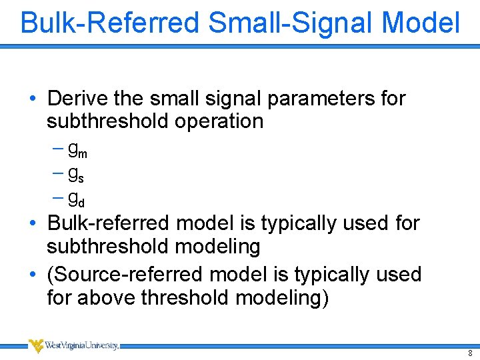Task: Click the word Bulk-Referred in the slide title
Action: click(110, 23)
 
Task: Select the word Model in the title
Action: click(421, 23)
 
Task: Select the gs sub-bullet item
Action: click(75, 174)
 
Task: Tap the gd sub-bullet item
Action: click(76, 198)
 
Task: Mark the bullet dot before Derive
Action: click(33, 99)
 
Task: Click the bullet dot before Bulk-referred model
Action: click(33, 223)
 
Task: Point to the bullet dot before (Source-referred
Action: click(33, 275)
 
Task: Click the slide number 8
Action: click(470, 353)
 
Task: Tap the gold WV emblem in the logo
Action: click(37, 345)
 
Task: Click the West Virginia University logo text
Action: click(83, 345)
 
